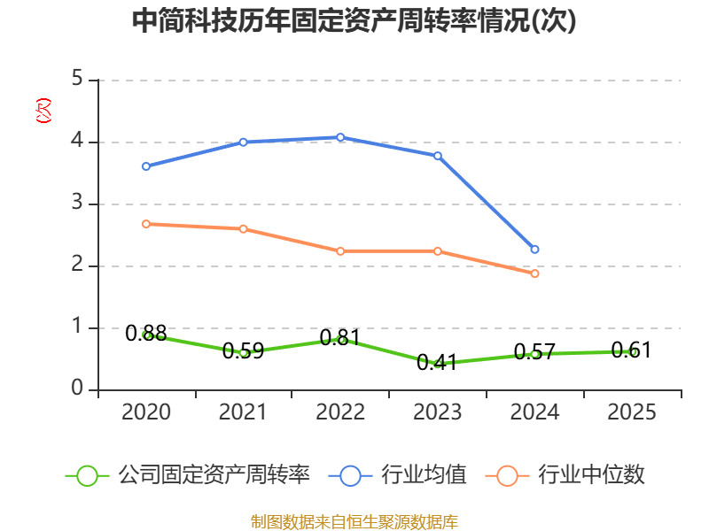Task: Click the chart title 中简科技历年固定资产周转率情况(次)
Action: (x=354, y=21)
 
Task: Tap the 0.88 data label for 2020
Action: (x=146, y=333)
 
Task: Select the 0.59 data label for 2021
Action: (x=243, y=350)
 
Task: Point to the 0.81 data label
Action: (x=340, y=337)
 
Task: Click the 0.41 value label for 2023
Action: (x=438, y=362)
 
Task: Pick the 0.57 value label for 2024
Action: (x=535, y=352)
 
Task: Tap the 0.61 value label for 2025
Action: (x=632, y=350)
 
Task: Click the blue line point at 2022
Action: (x=340, y=137)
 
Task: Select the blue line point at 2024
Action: (x=534, y=250)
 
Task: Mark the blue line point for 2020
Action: (x=146, y=165)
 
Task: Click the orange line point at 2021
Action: (x=243, y=228)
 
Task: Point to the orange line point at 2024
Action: (x=534, y=273)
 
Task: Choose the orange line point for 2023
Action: (x=438, y=251)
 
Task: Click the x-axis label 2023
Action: (x=438, y=412)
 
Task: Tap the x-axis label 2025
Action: (x=632, y=412)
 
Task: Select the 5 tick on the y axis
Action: (x=77, y=80)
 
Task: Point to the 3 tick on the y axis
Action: (x=77, y=204)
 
